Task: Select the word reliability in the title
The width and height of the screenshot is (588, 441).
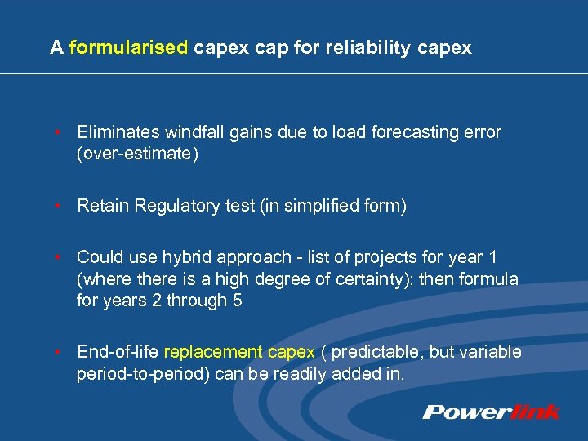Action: tap(367, 48)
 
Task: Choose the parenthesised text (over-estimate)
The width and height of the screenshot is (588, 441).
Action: tap(137, 154)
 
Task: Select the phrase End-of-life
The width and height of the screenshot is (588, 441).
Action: tap(118, 353)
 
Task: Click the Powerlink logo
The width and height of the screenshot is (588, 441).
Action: tap(491, 412)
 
